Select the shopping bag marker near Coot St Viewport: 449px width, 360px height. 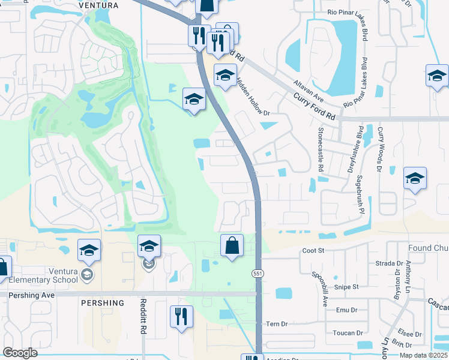tap(232, 245)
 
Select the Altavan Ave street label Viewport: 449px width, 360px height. tap(309, 90)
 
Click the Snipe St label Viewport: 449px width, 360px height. tap(346, 287)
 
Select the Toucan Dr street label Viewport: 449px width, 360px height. tap(349, 332)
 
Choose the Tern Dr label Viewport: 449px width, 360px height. tap(277, 323)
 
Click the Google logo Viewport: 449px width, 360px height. tap(20, 353)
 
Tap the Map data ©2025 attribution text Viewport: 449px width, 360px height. tap(423, 355)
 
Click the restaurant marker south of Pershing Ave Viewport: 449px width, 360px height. tap(181, 316)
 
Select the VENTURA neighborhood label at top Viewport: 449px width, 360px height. tap(98, 5)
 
